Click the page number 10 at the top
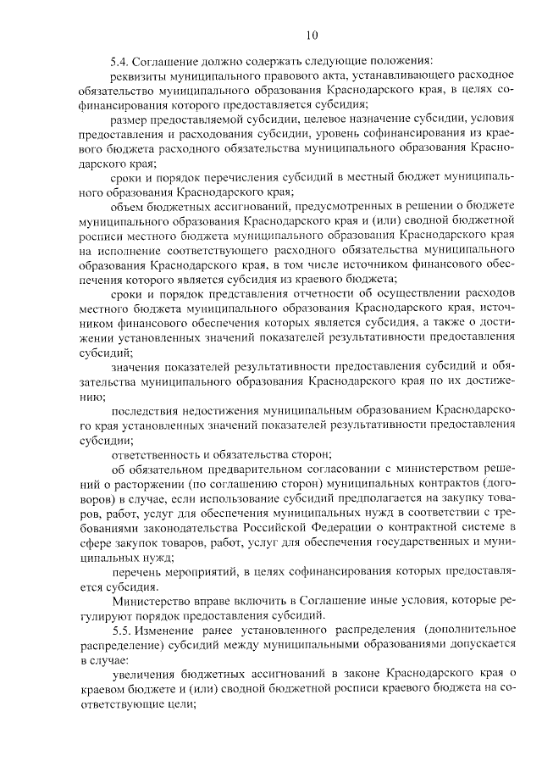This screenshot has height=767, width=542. pos(312,36)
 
